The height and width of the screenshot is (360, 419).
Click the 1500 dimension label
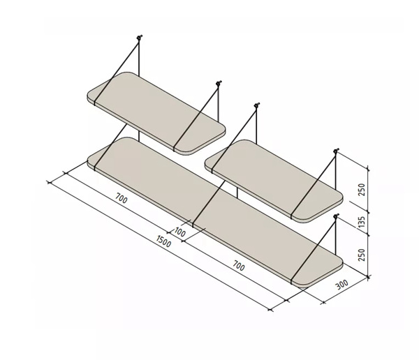click(163, 241)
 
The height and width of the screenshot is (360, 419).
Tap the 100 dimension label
click(180, 232)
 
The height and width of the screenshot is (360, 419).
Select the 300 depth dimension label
click(342, 285)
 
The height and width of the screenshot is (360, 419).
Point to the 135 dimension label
click(361, 223)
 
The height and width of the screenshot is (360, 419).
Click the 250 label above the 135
click(361, 189)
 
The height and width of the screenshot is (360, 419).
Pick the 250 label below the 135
click(361, 255)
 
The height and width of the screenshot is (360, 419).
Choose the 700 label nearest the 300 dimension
click(239, 266)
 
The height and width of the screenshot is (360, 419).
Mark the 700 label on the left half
click(122, 198)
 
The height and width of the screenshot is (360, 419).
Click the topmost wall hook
click(139, 38)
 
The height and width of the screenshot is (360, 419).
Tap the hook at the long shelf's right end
click(336, 216)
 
